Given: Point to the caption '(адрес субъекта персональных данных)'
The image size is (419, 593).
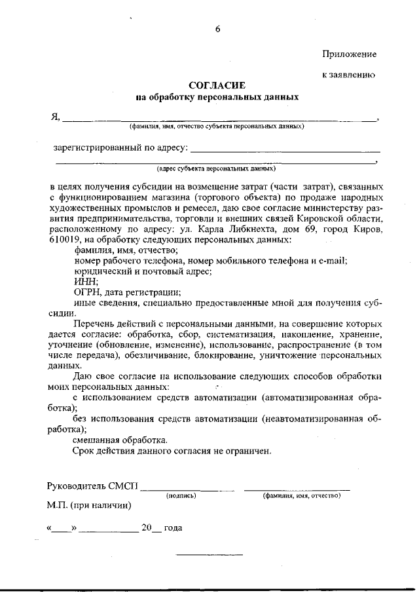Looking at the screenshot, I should tap(216, 168).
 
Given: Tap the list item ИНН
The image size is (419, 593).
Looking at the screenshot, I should tap(85, 282).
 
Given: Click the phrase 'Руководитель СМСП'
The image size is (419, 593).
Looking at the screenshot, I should tap(92, 486).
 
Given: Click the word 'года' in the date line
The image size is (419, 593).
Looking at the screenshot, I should tap(173, 527).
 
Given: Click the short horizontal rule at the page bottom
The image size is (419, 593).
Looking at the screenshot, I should tap(209, 556).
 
